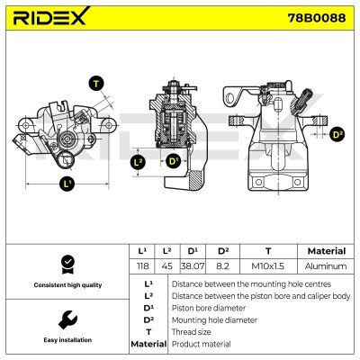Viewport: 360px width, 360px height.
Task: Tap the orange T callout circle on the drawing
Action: point(96,83)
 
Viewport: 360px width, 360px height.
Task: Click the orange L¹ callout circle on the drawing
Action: point(67,184)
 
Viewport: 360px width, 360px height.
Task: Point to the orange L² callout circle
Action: point(138,163)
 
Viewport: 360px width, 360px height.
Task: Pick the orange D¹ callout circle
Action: point(173,163)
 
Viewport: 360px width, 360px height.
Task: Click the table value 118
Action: point(141,266)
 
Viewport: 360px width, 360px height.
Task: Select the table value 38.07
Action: point(193,266)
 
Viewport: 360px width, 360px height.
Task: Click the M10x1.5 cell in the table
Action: point(267,266)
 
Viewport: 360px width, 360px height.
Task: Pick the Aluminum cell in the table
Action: point(326,266)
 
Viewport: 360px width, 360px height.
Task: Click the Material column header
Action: point(326,251)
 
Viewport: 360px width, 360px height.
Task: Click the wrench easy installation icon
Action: point(66,319)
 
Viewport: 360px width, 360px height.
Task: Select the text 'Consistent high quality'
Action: point(66,285)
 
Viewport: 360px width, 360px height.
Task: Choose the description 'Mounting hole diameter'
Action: point(213,319)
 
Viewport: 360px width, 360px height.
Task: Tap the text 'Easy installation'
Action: point(66,340)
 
